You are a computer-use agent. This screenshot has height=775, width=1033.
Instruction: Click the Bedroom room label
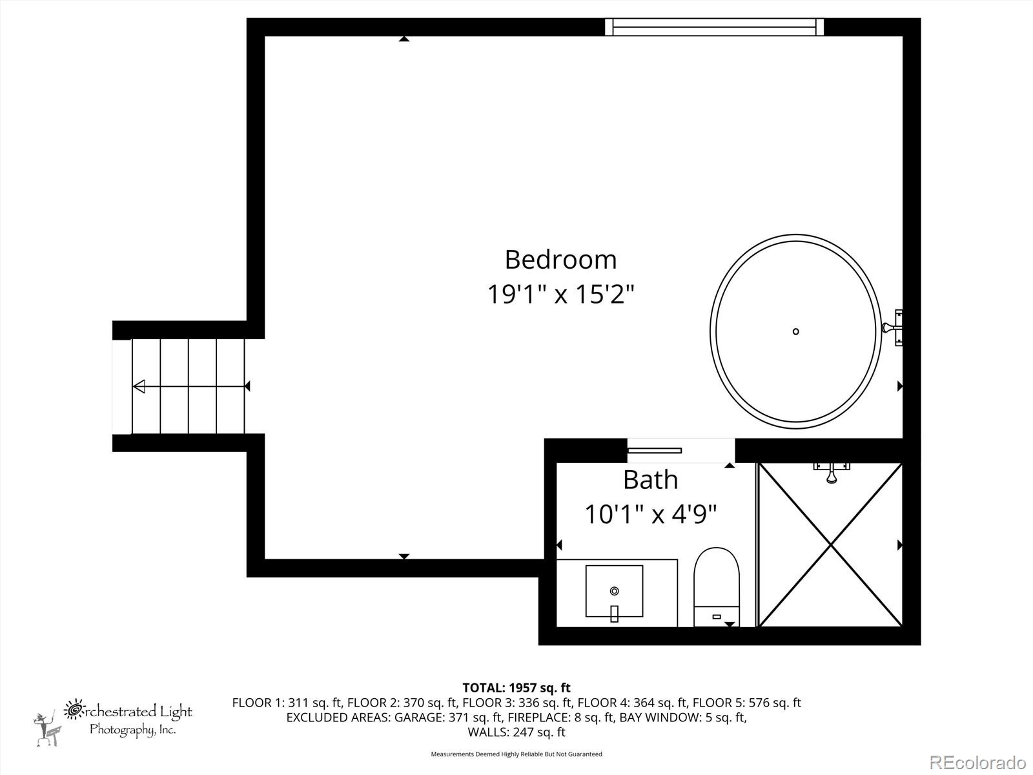[560, 260]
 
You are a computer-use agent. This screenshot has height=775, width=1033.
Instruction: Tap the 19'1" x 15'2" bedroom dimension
[560, 295]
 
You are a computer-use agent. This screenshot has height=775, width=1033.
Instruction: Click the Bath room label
[650, 480]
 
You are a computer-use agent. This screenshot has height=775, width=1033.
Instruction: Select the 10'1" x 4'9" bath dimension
[650, 515]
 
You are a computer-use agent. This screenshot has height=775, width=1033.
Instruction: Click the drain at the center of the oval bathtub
[795, 331]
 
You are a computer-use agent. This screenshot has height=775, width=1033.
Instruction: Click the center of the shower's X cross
[830, 544]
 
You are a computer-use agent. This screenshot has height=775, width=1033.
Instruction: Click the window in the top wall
[715, 27]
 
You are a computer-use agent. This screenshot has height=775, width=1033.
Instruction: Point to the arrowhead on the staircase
[139, 386]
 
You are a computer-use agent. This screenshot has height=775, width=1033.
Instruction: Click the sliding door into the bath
[655, 450]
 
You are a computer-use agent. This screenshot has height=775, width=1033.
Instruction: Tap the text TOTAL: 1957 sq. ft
[516, 688]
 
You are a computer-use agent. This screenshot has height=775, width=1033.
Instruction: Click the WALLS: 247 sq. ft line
[516, 732]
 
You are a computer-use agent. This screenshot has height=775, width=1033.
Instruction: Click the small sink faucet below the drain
[614, 614]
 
